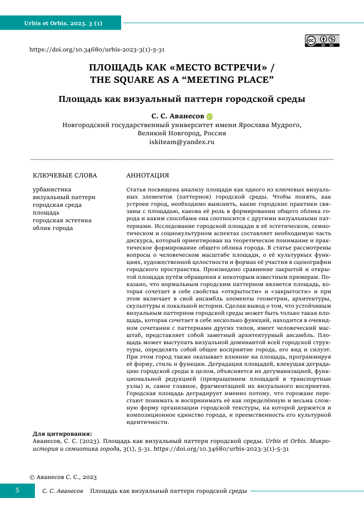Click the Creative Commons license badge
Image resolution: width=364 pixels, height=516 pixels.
pos(322,41)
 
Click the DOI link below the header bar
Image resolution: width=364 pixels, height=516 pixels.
pos(97,50)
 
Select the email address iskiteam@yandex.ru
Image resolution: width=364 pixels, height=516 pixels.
pos(182,141)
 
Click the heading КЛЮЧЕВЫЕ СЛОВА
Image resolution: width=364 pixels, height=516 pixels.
pos(65,175)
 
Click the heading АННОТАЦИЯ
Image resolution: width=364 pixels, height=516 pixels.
pos(147,175)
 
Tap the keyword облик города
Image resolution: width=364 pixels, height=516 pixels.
pos(53,228)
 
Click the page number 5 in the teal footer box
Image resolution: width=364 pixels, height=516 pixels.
pos(17,490)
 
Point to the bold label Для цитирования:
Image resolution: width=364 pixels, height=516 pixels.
pos(63,434)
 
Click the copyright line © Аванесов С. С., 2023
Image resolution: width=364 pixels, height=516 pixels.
pos(63,477)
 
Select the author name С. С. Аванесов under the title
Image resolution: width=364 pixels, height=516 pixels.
pos(178,117)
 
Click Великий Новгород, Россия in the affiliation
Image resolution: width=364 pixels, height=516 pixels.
pos(182,133)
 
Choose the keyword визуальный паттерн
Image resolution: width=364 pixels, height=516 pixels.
pos(64,198)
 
